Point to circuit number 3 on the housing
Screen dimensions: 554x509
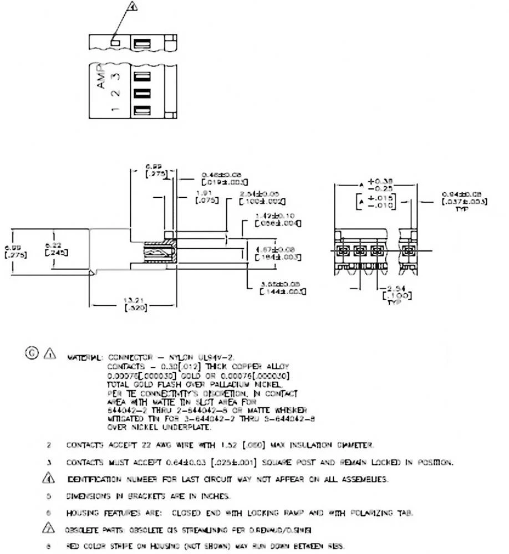114,76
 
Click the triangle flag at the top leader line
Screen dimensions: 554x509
132,7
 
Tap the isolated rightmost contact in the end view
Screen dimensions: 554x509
409,252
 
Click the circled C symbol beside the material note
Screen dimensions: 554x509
31,352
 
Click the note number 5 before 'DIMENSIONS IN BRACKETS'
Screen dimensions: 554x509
49,496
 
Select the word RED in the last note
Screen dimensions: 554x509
72,546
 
